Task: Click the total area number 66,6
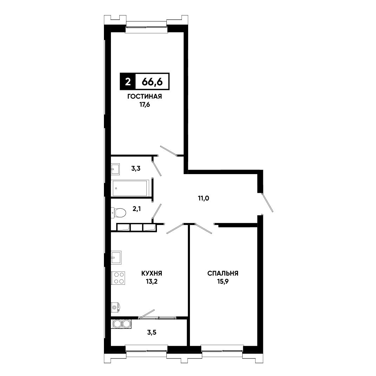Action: (x=152, y=82)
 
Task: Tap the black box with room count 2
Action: (x=128, y=81)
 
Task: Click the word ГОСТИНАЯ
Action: (x=145, y=97)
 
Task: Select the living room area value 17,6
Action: (x=145, y=105)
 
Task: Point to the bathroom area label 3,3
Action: (x=136, y=169)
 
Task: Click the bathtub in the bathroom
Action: (x=130, y=188)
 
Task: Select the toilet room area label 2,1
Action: (x=137, y=209)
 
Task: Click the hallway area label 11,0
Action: (x=203, y=198)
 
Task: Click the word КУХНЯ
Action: (x=152, y=273)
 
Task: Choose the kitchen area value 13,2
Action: (x=152, y=282)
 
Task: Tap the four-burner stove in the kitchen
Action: (x=118, y=278)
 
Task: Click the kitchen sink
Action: (x=116, y=258)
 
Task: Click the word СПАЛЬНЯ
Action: (x=223, y=273)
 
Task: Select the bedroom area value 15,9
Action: (x=223, y=282)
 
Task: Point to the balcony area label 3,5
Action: (x=152, y=332)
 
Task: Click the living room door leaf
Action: (x=168, y=151)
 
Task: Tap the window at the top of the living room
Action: (x=146, y=26)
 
